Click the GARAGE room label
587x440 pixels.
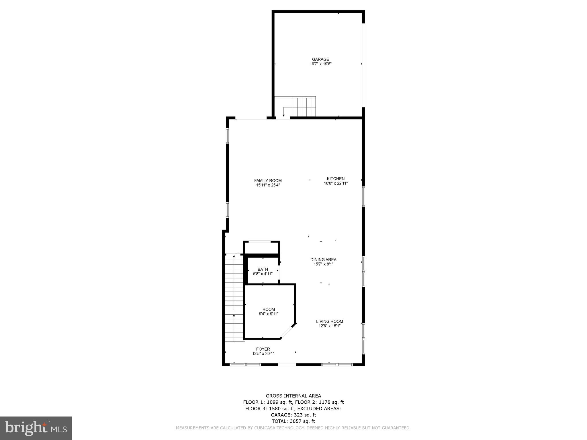(320, 59)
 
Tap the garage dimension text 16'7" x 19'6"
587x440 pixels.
(320, 64)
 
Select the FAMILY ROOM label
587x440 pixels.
(268, 180)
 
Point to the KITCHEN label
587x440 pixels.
(336, 178)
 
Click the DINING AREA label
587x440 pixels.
(323, 260)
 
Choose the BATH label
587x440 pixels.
(263, 269)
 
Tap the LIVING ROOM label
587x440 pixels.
(329, 321)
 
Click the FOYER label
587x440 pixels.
(263, 349)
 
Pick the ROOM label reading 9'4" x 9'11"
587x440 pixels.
(269, 309)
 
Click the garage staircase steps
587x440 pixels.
(304, 107)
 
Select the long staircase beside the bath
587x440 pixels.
(234, 298)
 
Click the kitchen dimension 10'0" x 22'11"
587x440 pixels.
(336, 183)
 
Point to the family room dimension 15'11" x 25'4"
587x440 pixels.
(268, 185)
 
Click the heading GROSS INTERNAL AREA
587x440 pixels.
(293, 396)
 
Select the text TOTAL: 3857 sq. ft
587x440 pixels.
(293, 421)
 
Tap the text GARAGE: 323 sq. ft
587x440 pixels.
(293, 415)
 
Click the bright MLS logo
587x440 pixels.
(36, 428)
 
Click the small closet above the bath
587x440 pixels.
(261, 247)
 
